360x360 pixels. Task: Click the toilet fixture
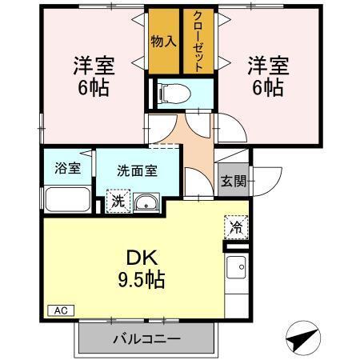pos(175,92)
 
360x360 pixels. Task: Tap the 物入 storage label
pos(163,42)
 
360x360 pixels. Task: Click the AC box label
pos(61,310)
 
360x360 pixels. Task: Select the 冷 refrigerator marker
pos(235,227)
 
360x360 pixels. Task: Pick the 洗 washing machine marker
pos(117,200)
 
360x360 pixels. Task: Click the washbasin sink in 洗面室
pos(146,203)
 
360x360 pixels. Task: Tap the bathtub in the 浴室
pos(67,200)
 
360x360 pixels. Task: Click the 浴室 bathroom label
pos(67,168)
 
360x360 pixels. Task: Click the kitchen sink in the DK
pos(237,268)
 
